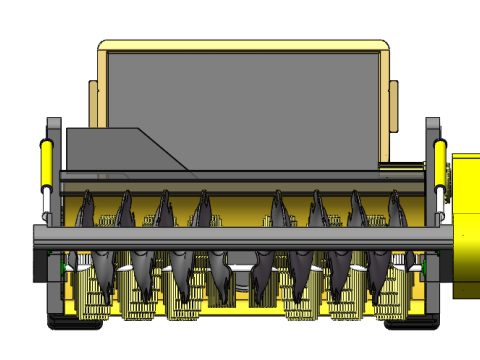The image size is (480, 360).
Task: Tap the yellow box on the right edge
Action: point(467,225)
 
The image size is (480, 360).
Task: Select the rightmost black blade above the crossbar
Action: point(395,211)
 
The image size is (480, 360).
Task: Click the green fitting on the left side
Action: point(67,266)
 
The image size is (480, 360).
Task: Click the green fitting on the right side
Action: point(424,265)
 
